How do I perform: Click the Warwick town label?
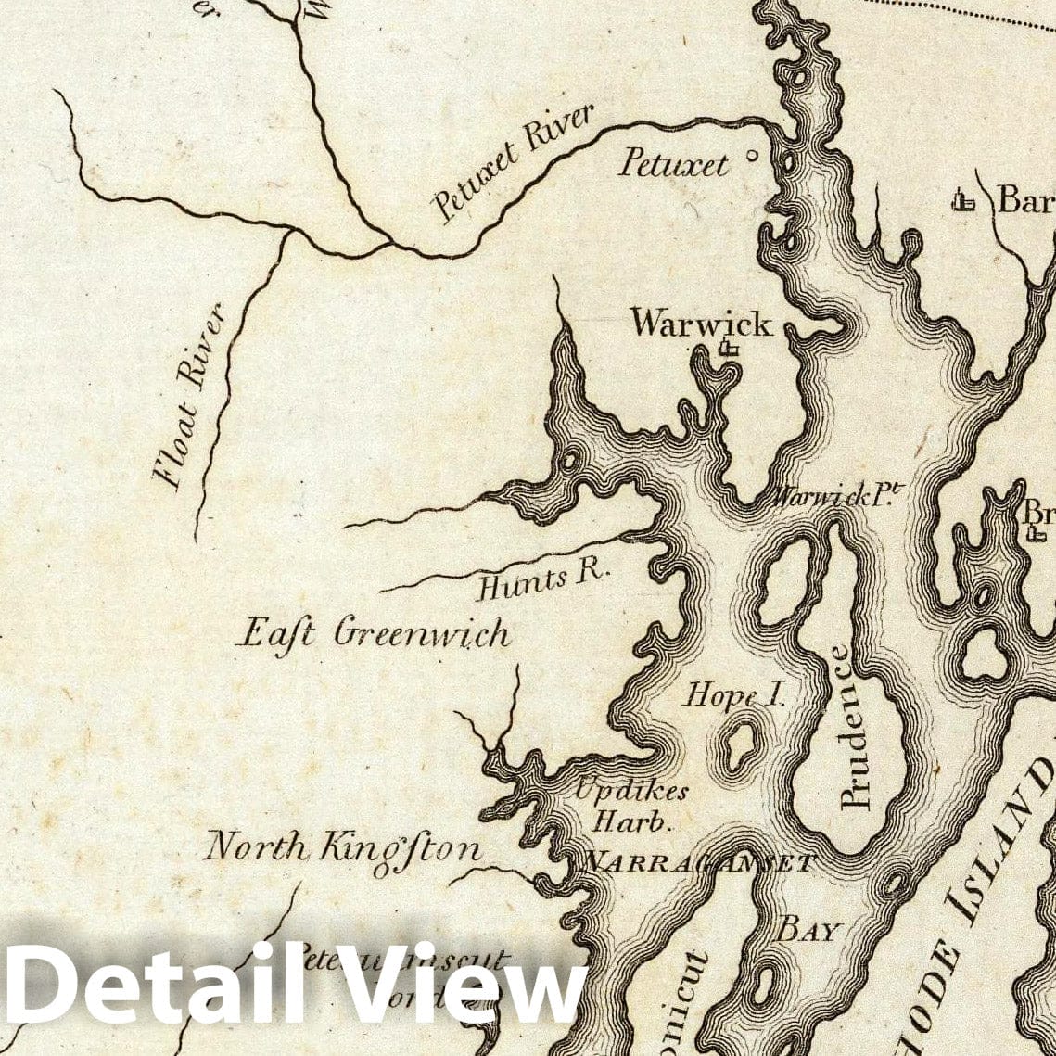click(701, 323)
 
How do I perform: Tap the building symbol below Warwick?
click(729, 349)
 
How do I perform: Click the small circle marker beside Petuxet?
click(751, 157)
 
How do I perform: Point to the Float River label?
click(189, 397)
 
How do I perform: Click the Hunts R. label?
click(543, 581)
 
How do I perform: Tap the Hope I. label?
click(733, 694)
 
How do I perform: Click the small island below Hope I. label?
click(739, 747)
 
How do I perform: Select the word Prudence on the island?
click(854, 728)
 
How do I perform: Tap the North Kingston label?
click(343, 847)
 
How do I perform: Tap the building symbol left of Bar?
click(966, 199)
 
